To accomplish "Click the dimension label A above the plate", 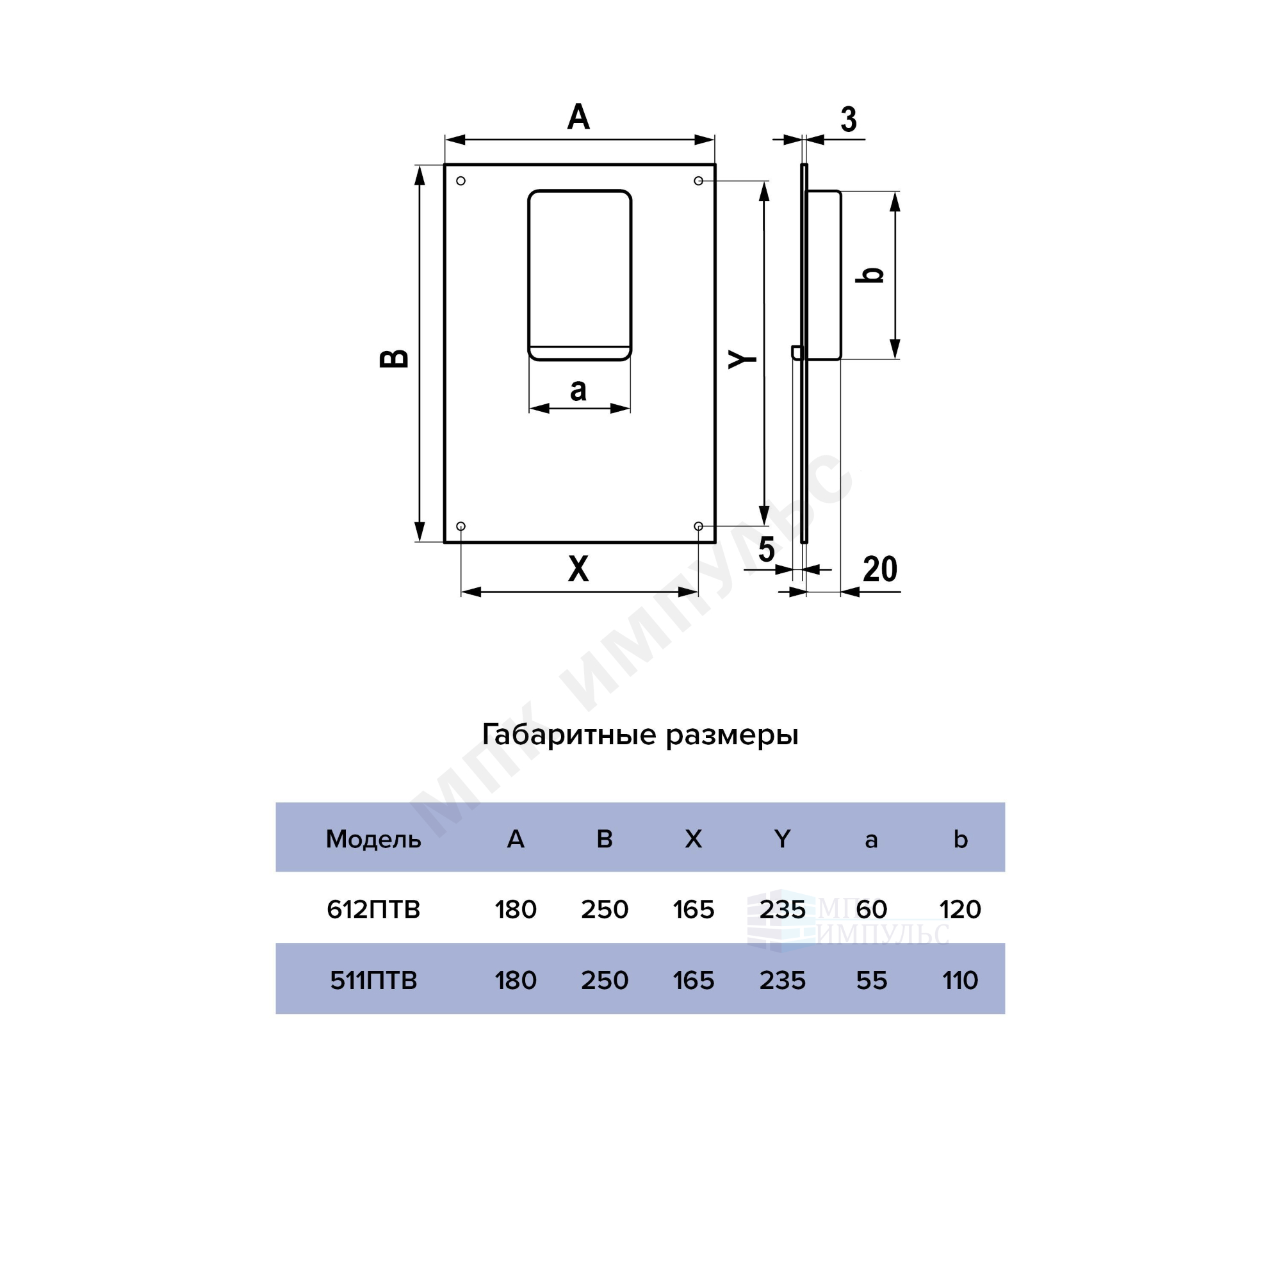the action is tap(578, 117).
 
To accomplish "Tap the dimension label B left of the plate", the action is tap(394, 358).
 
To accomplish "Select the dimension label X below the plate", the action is tap(578, 569).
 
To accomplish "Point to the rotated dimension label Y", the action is tap(742, 359).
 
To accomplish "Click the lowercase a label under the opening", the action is tap(578, 390).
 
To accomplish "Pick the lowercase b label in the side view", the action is tap(869, 274).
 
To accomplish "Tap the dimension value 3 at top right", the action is tap(849, 119).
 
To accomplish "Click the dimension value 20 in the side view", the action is tap(880, 569).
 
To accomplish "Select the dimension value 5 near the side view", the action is tap(767, 550).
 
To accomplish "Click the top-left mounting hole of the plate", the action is tap(461, 181).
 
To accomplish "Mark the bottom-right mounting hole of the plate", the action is tap(698, 526).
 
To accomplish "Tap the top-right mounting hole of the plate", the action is tap(698, 181).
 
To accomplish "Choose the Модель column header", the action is tap(373, 840).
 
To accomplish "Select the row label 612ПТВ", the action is tap(373, 910).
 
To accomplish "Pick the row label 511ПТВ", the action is tap(373, 981).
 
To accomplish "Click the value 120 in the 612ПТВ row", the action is tap(960, 910).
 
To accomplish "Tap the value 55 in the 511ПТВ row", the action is tap(871, 981).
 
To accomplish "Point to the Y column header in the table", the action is tap(783, 840).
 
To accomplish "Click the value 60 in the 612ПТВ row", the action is tap(871, 910).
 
